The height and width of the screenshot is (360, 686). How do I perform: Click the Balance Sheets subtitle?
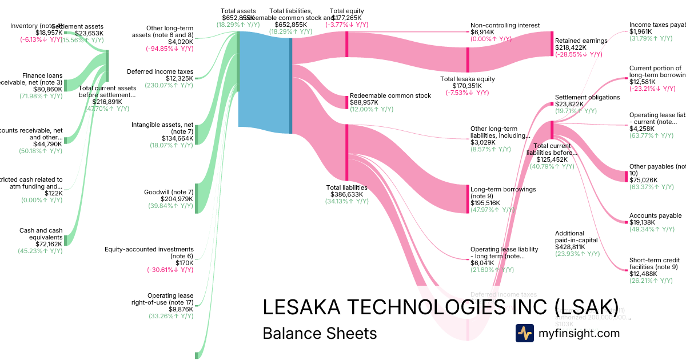[320, 334]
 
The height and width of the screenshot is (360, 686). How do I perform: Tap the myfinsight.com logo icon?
[524, 333]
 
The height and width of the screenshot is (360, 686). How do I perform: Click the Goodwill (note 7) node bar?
[196, 198]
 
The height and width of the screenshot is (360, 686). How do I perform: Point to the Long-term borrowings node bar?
[468, 199]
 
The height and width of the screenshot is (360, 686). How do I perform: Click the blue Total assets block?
[264, 83]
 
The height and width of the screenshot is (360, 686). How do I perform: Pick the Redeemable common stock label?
[390, 95]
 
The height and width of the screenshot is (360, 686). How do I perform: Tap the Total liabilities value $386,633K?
[346, 194]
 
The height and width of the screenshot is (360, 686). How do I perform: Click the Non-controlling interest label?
[505, 25]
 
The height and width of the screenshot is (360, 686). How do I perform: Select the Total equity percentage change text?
[347, 25]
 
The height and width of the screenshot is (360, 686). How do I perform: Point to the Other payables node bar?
[626, 175]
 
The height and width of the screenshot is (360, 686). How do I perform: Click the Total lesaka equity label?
[468, 79]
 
